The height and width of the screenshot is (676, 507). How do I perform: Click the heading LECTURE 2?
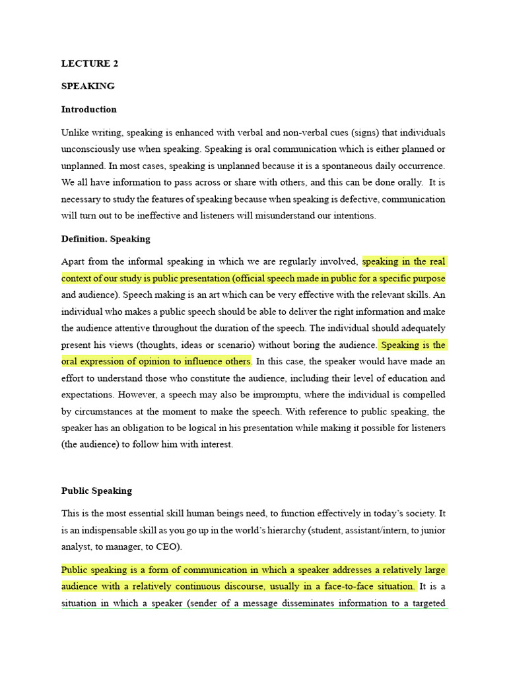(90, 64)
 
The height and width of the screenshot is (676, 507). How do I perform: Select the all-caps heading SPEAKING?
(88, 86)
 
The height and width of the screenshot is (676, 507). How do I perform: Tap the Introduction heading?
(89, 110)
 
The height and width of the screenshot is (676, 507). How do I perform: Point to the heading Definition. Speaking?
(106, 239)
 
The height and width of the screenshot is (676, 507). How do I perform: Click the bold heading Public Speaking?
(96, 491)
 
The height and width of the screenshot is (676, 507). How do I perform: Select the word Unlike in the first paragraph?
(75, 133)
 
